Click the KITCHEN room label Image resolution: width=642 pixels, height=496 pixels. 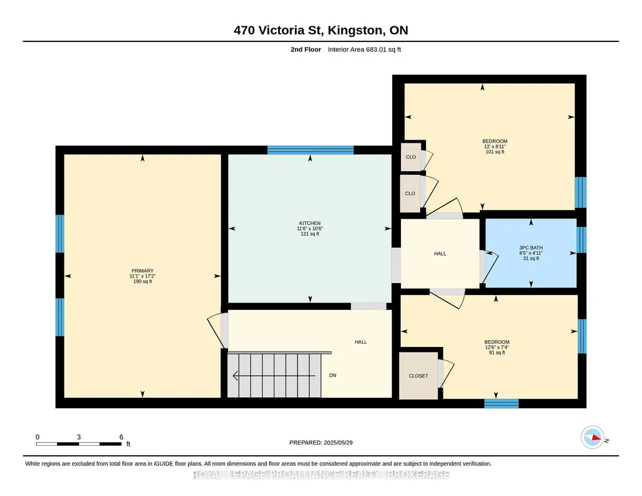[x=309, y=223]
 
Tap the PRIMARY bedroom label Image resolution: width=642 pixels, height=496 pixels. [x=142, y=271]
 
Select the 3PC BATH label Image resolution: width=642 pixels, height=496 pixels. [x=531, y=247]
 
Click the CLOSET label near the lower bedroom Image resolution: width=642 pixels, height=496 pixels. [x=418, y=376]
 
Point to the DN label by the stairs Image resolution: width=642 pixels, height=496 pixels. [x=333, y=375]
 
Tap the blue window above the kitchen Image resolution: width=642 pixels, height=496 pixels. [x=311, y=150]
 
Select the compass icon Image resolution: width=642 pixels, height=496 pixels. [x=593, y=438]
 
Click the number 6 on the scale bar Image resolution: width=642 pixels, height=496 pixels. [x=121, y=437]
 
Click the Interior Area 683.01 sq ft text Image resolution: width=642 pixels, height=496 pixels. [x=365, y=49]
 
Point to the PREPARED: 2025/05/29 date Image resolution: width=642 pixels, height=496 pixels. [x=321, y=442]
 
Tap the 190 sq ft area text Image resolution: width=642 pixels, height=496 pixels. [x=142, y=282]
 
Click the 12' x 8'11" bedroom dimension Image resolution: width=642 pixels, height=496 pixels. [x=495, y=147]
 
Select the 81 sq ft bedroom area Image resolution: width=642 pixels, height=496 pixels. [x=497, y=353]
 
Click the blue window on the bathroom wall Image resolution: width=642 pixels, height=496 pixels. [x=581, y=240]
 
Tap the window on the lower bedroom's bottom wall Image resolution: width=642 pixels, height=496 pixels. [x=502, y=403]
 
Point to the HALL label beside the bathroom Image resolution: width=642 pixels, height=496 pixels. [x=440, y=254]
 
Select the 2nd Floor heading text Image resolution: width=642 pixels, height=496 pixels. [x=306, y=49]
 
